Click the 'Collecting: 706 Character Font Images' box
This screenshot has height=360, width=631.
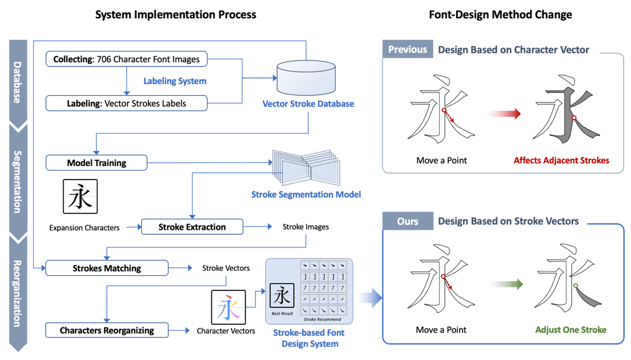point(126,59)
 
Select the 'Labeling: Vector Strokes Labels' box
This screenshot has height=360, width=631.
point(126,103)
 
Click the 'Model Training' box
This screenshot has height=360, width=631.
point(96,163)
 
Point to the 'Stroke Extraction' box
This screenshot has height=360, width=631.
point(192,227)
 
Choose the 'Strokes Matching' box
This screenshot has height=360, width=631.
point(107,268)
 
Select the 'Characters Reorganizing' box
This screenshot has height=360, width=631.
point(107,330)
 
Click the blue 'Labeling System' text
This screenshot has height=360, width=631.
point(175,81)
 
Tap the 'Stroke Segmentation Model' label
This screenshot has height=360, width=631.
point(306,194)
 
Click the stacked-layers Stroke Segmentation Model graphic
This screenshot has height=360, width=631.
point(306,167)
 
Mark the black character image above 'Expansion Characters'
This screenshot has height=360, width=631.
point(80,197)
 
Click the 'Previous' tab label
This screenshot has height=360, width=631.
point(407,49)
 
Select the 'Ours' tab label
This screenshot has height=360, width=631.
point(407,221)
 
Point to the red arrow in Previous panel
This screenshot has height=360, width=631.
point(505,114)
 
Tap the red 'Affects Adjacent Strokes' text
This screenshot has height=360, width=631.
point(561,160)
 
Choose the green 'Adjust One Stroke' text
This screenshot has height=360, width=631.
point(571,329)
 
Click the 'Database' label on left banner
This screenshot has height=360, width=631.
point(18,83)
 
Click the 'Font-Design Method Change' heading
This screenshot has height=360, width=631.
point(500,14)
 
